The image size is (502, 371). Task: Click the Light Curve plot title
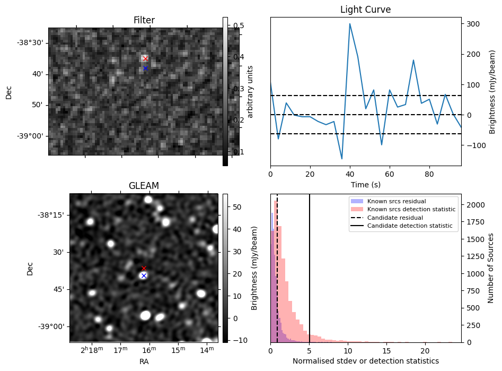(365, 10)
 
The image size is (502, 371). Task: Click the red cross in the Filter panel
(145, 59)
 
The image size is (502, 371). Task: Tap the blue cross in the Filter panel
(145, 68)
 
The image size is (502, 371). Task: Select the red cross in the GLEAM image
(144, 269)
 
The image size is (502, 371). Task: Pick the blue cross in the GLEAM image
(144, 276)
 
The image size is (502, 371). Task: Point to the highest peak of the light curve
(350, 24)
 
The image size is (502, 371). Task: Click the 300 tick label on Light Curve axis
(473, 24)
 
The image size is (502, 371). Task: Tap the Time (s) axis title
(365, 185)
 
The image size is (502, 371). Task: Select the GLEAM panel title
(144, 186)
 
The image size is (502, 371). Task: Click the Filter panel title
(144, 21)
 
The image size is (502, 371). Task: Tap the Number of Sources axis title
(491, 268)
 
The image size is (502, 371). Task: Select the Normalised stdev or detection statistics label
(365, 361)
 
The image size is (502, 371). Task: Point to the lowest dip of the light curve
(342, 159)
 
